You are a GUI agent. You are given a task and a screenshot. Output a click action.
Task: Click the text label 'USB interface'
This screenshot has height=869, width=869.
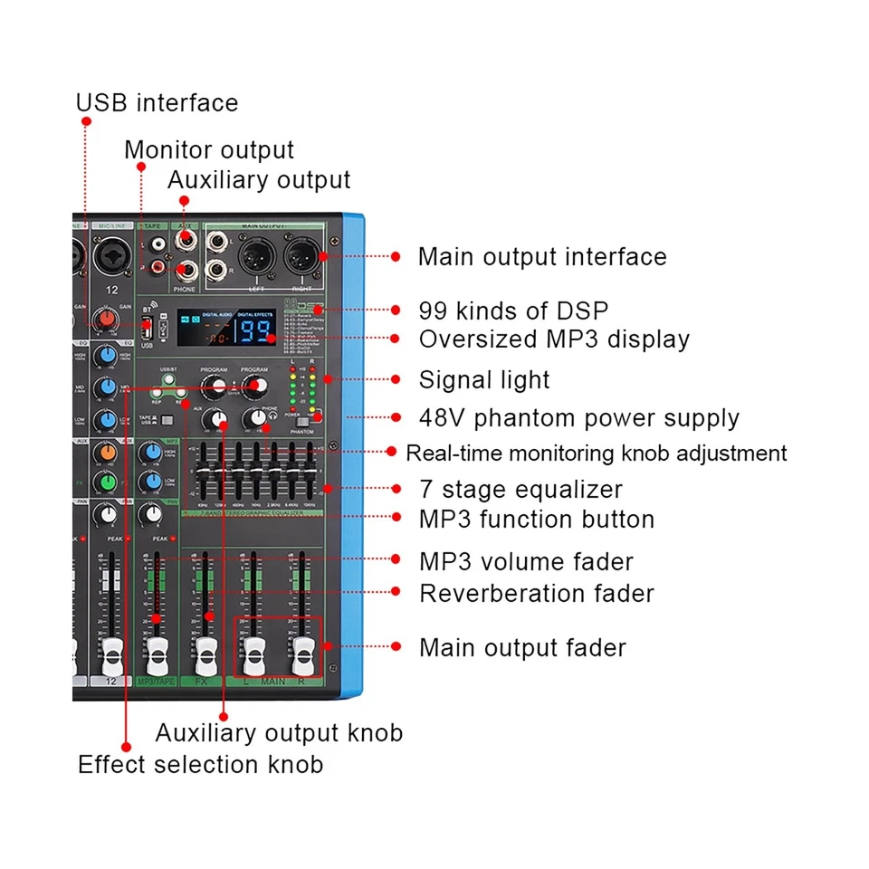[x=157, y=103]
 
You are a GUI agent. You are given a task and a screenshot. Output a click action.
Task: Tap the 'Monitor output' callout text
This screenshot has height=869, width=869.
[x=209, y=149]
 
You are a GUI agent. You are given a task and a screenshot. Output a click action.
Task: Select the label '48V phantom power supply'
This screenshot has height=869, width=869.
[x=579, y=418]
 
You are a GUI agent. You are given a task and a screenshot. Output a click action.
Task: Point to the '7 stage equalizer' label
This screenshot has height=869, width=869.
[x=520, y=490]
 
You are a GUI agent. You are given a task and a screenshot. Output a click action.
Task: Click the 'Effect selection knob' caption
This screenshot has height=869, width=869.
[x=200, y=764]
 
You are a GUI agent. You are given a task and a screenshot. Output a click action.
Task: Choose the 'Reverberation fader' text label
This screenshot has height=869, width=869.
[x=537, y=594]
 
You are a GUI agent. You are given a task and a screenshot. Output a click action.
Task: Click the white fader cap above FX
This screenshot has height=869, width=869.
[x=206, y=649]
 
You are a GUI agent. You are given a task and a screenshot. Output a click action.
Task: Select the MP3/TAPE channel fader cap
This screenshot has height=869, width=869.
[x=158, y=649]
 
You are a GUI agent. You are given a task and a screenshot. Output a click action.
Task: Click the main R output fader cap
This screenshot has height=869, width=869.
[x=301, y=649]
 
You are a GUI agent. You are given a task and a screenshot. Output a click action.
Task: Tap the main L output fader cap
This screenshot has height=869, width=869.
[x=253, y=649]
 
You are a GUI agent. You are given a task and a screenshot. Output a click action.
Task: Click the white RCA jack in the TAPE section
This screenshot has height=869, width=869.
[x=158, y=244]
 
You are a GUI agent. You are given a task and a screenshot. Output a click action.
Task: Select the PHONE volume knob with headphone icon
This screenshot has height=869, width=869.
[x=254, y=418]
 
